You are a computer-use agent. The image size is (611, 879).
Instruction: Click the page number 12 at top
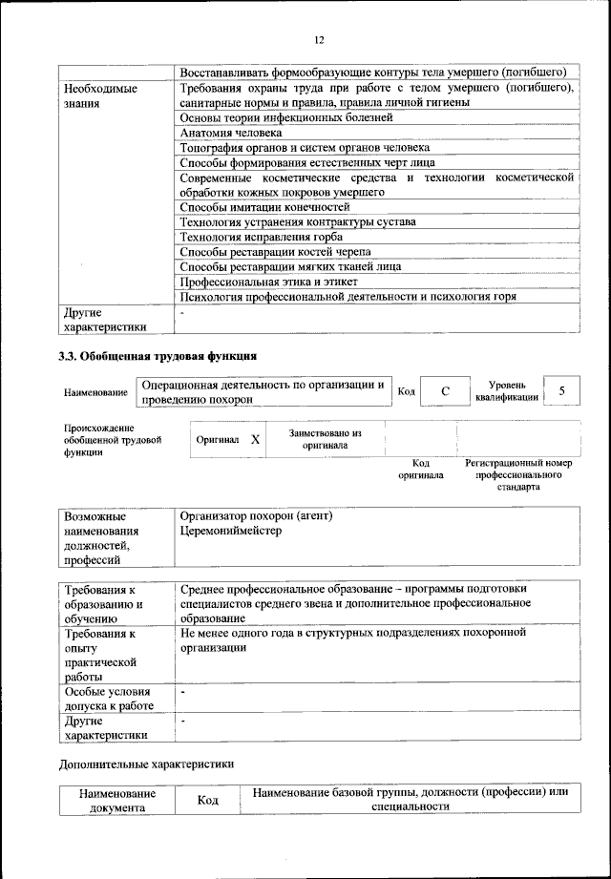tap(319, 39)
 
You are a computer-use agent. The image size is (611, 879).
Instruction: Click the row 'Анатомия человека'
tap(230, 133)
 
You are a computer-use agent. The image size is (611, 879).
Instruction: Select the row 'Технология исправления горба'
tap(261, 237)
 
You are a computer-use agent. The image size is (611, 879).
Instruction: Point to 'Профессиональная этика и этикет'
tap(269, 282)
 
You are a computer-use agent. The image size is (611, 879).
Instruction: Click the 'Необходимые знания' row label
tap(100, 95)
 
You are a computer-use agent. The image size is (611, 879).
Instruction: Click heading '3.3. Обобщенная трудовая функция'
tap(158, 357)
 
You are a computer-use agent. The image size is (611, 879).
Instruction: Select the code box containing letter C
tap(445, 392)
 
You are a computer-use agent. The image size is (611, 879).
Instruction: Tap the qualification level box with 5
tap(562, 390)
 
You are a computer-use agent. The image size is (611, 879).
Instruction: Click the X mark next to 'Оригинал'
tap(255, 440)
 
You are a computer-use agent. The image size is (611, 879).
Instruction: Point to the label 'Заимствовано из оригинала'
tap(325, 439)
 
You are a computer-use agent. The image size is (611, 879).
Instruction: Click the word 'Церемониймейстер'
tap(231, 531)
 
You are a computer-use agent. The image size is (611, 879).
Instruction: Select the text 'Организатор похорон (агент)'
tap(256, 516)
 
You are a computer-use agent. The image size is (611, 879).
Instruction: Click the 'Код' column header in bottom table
tap(208, 800)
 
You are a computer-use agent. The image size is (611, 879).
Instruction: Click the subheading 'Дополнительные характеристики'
tap(146, 764)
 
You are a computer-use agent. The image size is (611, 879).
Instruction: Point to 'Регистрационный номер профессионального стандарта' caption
tap(518, 474)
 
